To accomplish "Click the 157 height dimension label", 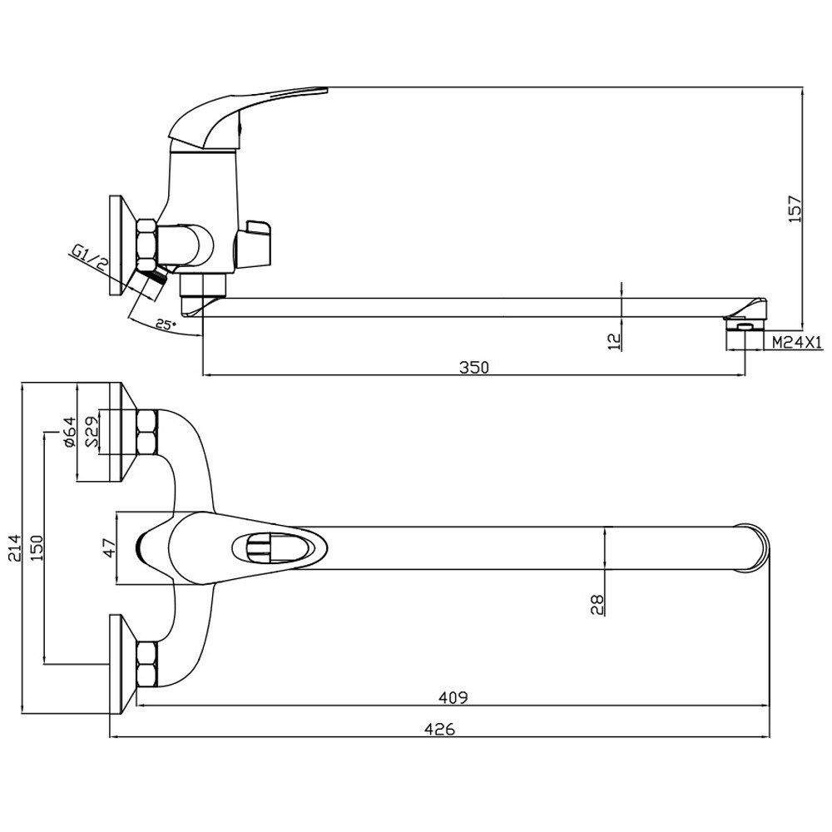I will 795,207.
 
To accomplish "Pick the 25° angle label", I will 165,324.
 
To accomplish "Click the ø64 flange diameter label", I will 70,432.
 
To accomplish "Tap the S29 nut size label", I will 93,432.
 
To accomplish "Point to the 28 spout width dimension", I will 597,603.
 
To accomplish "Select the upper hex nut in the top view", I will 147,432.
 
